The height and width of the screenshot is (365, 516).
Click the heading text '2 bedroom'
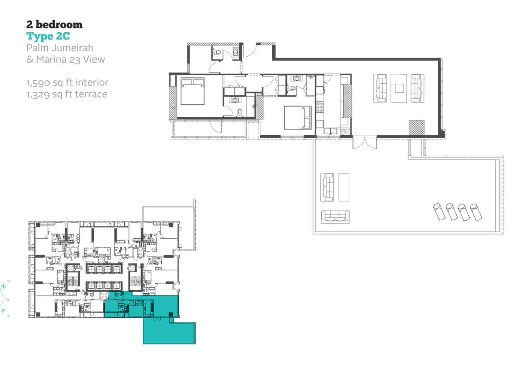pyautogui.click(x=54, y=24)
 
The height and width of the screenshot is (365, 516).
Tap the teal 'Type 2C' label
pyautogui.click(x=48, y=36)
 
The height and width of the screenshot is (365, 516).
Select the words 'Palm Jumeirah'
pyautogui.click(x=60, y=48)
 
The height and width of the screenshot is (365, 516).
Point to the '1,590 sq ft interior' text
pyautogui.click(x=68, y=82)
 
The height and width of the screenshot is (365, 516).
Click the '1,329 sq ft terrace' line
pyautogui.click(x=67, y=94)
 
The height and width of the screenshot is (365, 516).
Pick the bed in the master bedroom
pyautogui.click(x=193, y=91)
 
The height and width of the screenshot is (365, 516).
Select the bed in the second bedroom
pyautogui.click(x=298, y=118)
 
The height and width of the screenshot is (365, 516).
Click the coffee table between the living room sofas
pyautogui.click(x=399, y=88)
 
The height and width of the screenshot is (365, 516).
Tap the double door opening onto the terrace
pyautogui.click(x=365, y=143)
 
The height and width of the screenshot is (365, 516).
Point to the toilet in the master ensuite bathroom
pyautogui.click(x=240, y=113)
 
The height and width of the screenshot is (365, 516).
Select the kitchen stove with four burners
pyautogui.click(x=320, y=107)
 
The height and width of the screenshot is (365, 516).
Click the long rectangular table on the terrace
pyautogui.click(x=344, y=187)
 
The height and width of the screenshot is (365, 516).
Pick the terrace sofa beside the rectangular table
pyautogui.click(x=327, y=187)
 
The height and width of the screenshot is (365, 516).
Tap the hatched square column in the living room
pyautogui.click(x=417, y=128)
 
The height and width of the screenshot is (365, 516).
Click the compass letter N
pyautogui.click(x=3, y=286)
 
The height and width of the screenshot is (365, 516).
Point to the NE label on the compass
pyautogui.click(x=8, y=300)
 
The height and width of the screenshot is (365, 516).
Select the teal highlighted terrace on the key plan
pyautogui.click(x=169, y=331)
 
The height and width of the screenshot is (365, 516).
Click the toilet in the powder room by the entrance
pyautogui.click(x=218, y=52)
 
